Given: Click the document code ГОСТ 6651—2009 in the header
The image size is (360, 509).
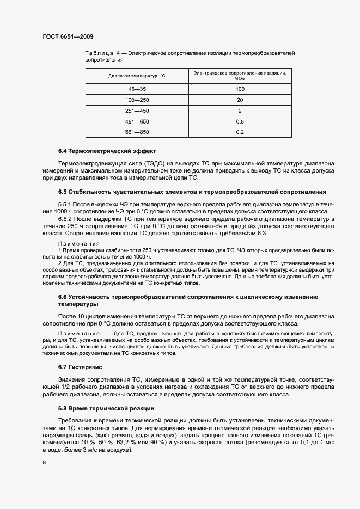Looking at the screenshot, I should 68,36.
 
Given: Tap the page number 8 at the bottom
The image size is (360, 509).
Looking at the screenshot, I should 44,463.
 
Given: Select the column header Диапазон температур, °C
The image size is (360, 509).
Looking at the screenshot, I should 136,76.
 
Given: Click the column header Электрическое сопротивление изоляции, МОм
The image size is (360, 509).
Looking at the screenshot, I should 240,76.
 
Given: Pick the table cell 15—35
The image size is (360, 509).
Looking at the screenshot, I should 136,89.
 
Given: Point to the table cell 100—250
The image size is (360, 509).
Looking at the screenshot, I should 136,100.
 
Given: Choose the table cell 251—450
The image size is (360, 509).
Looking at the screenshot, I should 136,111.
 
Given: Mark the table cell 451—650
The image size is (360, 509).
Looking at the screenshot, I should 136,121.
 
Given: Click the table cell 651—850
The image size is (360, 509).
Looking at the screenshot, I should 136,132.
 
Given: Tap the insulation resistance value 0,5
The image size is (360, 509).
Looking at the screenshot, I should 240,121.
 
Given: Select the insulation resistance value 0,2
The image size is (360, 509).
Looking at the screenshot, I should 240,132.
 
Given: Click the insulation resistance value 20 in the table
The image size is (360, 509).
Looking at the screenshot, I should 240,100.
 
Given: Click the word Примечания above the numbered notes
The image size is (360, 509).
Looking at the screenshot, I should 78,243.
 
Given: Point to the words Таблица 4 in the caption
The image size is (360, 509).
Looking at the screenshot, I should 103,53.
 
